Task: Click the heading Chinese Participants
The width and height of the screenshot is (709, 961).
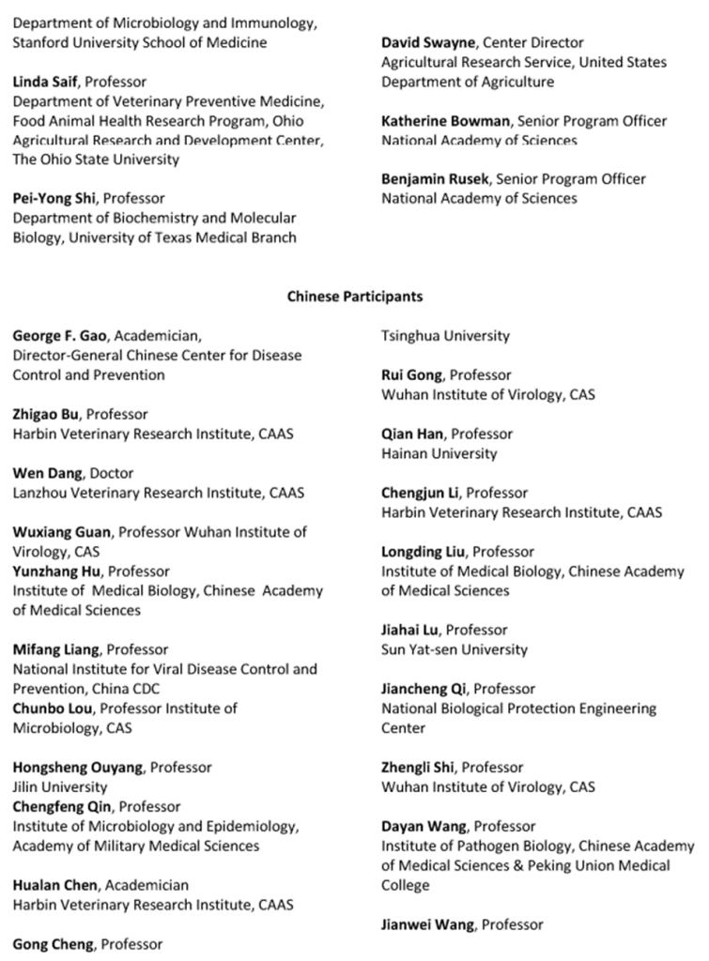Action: click(354, 297)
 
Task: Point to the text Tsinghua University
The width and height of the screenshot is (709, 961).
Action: click(445, 336)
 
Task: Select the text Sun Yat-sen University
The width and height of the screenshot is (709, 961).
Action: click(454, 649)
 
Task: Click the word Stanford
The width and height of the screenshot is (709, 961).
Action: click(38, 42)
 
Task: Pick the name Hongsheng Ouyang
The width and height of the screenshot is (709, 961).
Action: click(78, 768)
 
